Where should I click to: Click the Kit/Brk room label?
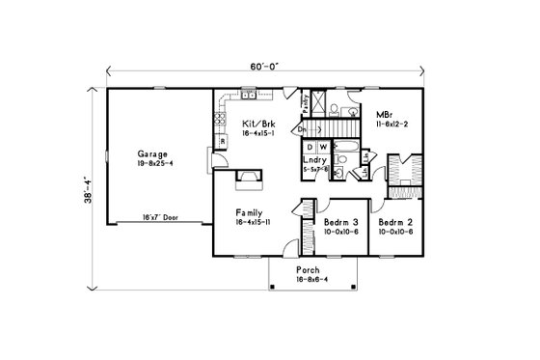(256, 125)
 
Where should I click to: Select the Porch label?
(307, 270)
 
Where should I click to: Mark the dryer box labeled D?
(310, 147)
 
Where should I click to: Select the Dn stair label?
(301, 127)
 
